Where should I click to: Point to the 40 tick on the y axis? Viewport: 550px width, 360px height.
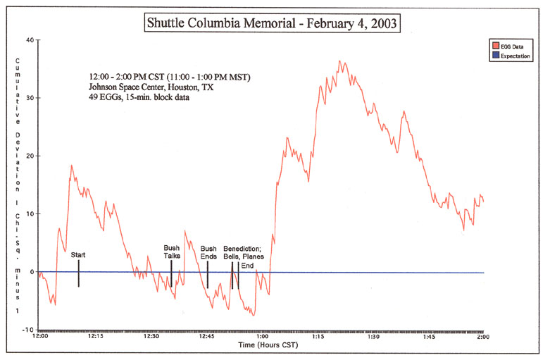(30, 40)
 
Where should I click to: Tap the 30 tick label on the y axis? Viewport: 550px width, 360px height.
(30, 98)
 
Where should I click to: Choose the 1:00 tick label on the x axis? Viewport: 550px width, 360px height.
(261, 337)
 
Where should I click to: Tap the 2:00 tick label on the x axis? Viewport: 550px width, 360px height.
(483, 337)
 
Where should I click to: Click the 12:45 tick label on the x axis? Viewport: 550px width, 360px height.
(206, 337)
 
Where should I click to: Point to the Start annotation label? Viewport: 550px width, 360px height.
(79, 254)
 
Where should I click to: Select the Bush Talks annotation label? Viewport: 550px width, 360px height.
(172, 252)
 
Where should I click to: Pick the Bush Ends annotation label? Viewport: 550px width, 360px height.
(208, 252)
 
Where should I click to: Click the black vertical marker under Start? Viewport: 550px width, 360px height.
(79, 273)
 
